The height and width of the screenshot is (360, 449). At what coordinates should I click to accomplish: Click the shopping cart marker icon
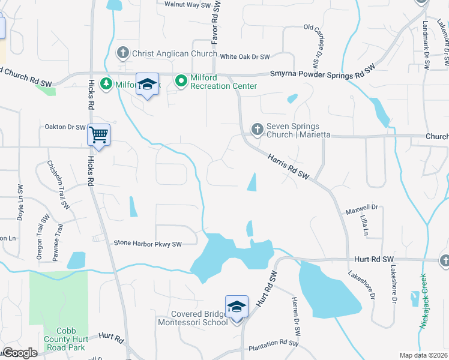[98, 135]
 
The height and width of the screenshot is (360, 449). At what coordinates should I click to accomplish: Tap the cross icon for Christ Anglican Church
[123, 53]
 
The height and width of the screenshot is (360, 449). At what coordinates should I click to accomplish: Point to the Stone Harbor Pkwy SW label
[148, 244]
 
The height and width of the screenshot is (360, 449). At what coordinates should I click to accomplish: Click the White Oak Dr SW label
[245, 57]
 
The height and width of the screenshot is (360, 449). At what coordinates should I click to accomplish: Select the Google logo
[20, 353]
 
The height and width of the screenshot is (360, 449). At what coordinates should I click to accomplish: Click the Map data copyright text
[424, 355]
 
